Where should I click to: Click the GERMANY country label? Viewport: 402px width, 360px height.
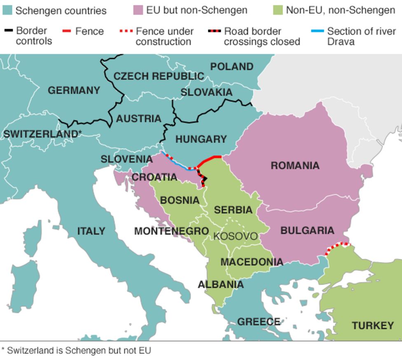coord(74,91)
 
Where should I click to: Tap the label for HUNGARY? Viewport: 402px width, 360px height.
coord(201,139)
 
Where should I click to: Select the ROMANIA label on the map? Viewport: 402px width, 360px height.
coord(295,166)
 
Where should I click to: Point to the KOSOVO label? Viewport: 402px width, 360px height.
coord(235,237)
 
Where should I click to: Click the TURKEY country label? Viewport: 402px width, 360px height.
coord(373,326)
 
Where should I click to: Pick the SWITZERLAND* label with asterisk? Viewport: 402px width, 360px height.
coord(42,134)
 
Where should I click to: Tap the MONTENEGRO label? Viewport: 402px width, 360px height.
coord(171,231)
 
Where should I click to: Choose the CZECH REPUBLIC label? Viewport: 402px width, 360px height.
coord(159,76)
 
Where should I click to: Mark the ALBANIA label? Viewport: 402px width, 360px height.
coord(220,285)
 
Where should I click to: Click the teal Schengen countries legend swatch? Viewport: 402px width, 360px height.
coord(7,10)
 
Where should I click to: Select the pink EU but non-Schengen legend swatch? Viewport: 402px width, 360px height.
coord(138,10)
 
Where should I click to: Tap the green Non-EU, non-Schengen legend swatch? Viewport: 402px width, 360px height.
coord(278,10)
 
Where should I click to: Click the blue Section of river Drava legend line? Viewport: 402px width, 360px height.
coord(318,31)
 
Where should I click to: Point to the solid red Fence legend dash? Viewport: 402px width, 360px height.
coord(67,31)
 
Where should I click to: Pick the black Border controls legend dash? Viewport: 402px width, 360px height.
coord(8,31)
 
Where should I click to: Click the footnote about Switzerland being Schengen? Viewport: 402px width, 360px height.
coord(77,351)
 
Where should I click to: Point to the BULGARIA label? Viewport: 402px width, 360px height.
coord(307,231)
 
